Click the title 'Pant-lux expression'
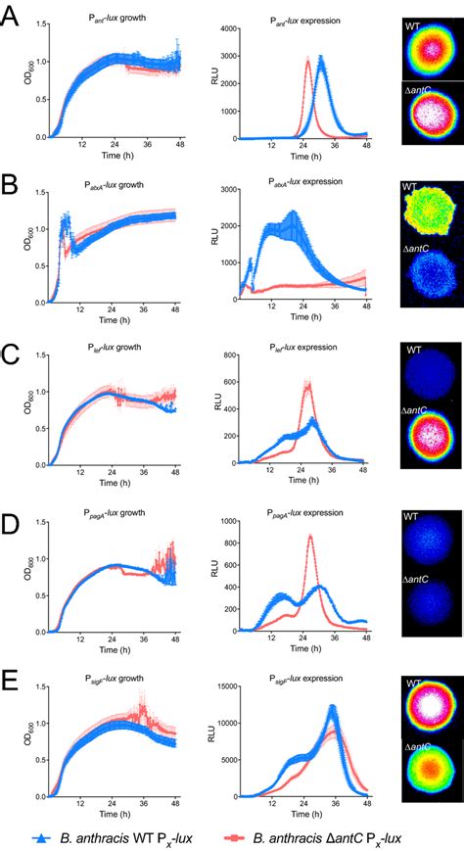click(293, 20)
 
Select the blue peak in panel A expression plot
click(321, 56)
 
